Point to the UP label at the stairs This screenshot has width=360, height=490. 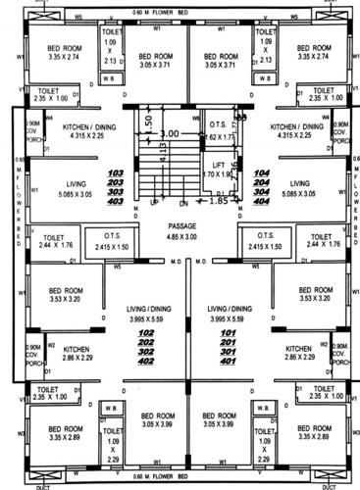tap(154, 202)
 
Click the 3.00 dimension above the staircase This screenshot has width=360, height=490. tap(170, 132)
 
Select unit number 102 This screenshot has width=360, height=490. tap(148, 333)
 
